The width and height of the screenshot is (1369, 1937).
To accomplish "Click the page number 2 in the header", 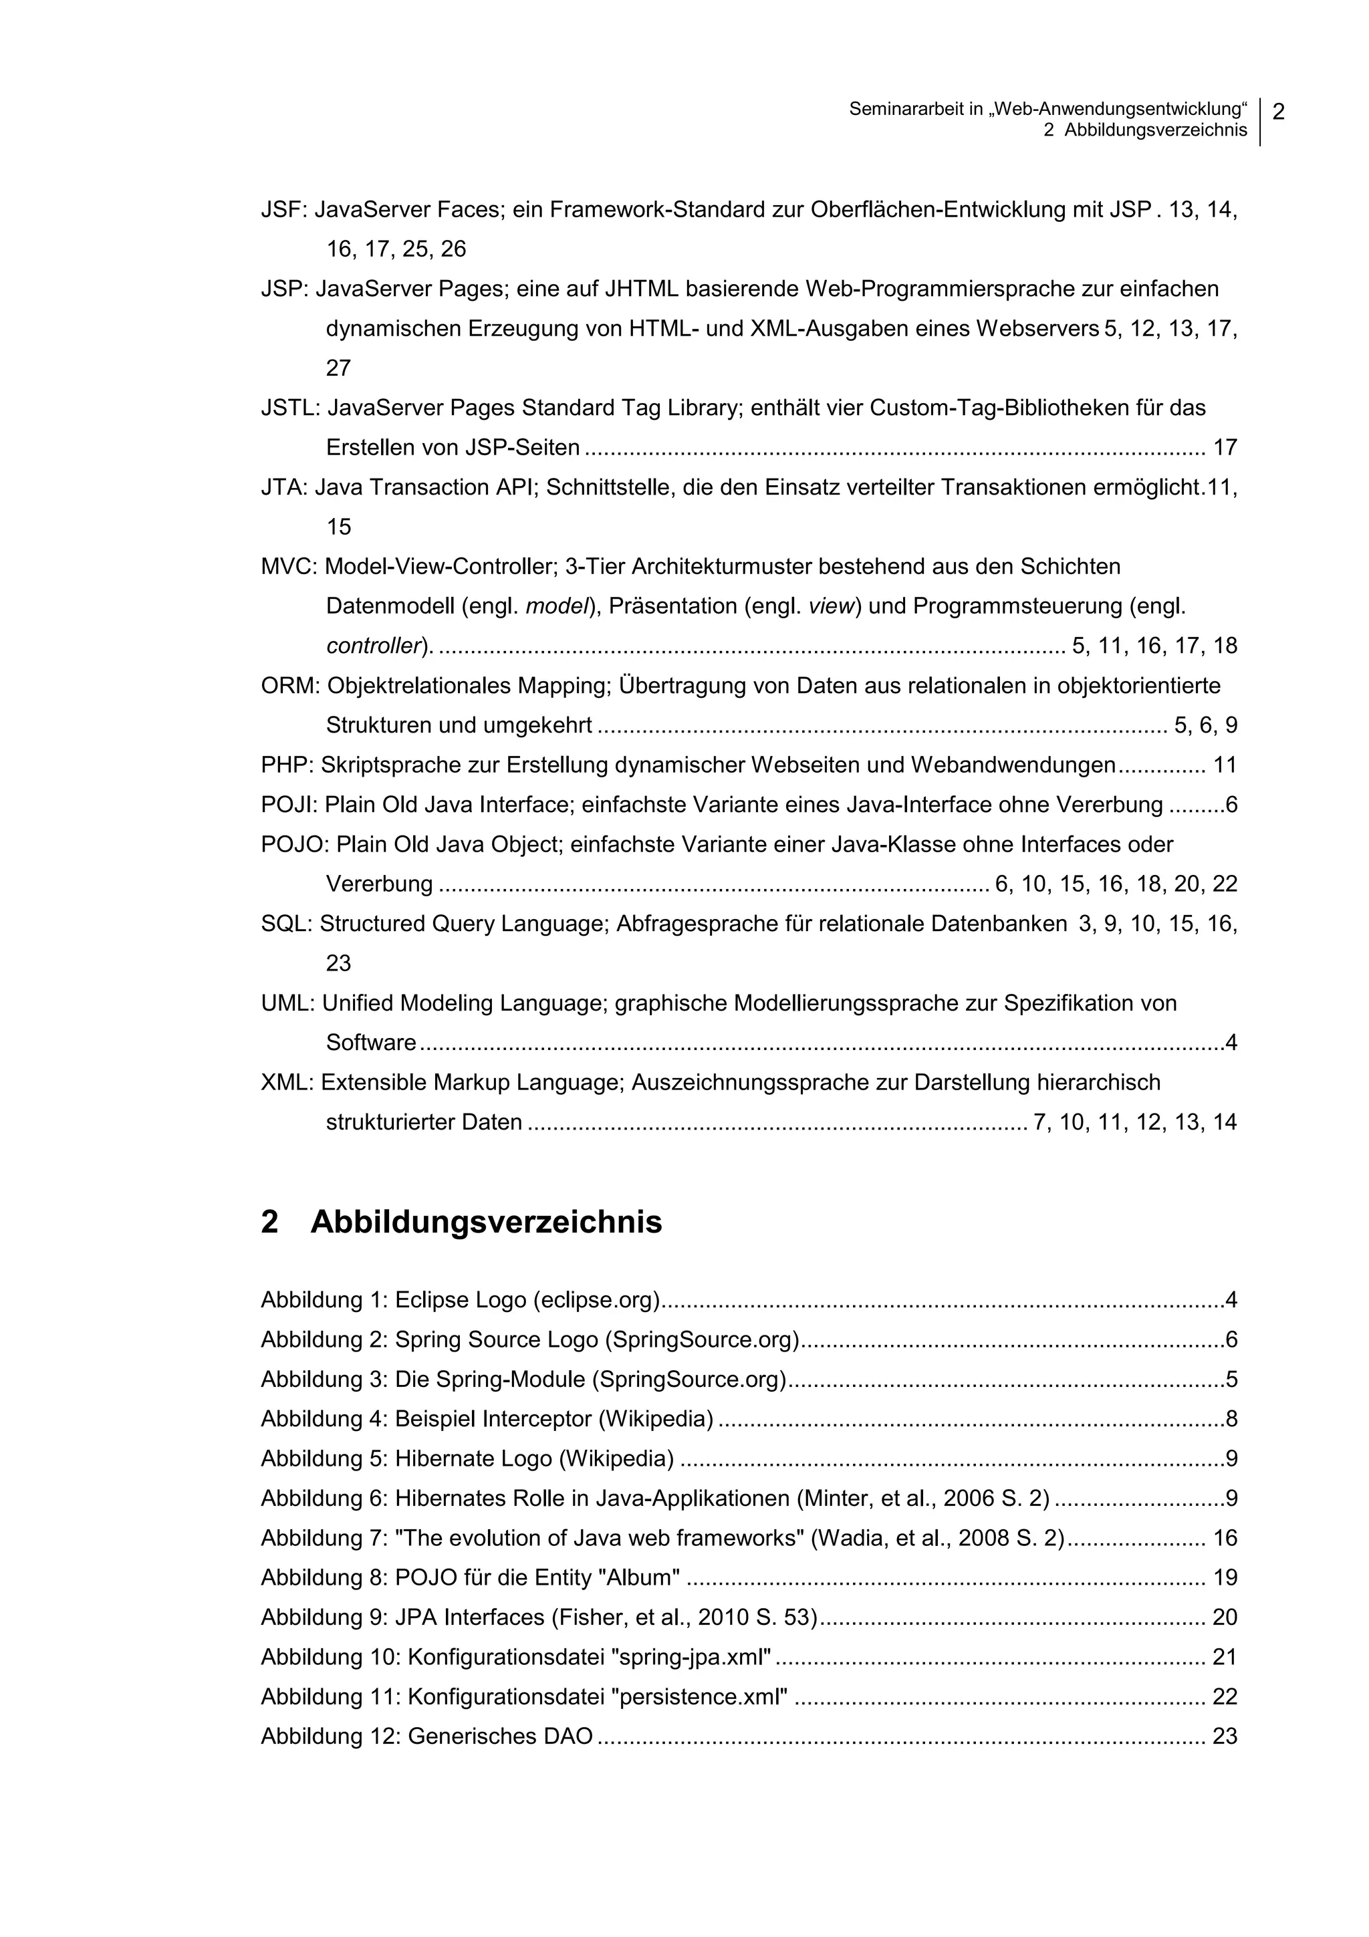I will click(1278, 112).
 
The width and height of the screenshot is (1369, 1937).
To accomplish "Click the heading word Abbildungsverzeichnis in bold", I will click(486, 1222).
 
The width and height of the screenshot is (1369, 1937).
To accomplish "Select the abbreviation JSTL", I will click(289, 408).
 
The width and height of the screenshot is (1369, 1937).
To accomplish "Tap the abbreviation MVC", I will click(287, 567).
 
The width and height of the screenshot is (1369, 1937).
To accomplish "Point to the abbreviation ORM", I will click(289, 686).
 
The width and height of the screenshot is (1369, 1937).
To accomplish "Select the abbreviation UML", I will click(287, 1003).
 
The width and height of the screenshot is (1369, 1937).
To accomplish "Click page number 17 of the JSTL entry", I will click(1225, 448).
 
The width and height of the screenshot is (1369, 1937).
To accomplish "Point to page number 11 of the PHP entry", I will click(1225, 765).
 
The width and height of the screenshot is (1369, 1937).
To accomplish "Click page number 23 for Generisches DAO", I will click(1225, 1736).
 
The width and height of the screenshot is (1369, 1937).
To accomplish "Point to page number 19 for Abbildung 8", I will click(1225, 1577).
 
